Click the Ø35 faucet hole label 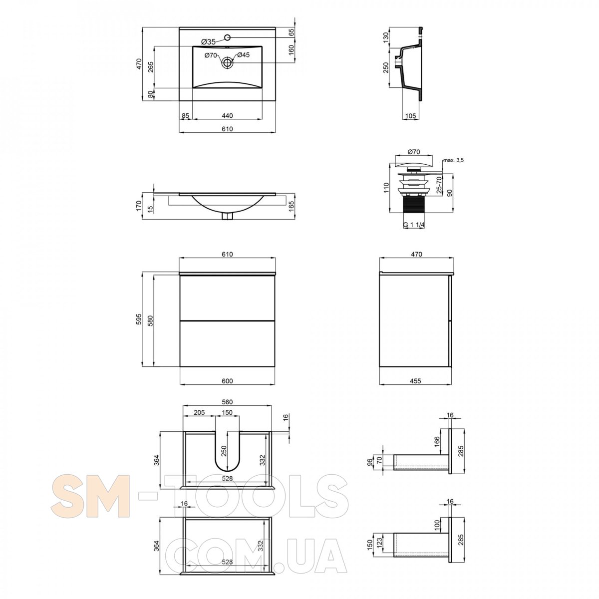pyautogui.click(x=208, y=41)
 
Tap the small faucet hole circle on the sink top pyautogui.click(x=227, y=37)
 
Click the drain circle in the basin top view pyautogui.click(x=227, y=62)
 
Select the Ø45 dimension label pyautogui.click(x=244, y=55)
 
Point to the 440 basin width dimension pyautogui.click(x=227, y=116)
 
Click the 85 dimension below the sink pyautogui.click(x=186, y=116)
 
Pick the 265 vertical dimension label pyautogui.click(x=151, y=67)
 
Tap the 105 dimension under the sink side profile pyautogui.click(x=410, y=116)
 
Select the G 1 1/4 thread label pyautogui.click(x=414, y=225)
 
